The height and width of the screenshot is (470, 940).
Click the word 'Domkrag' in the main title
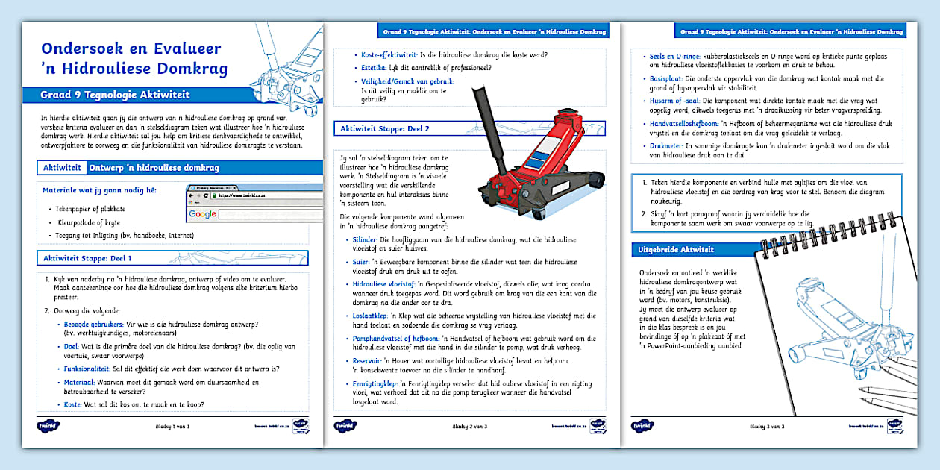pyautogui.click(x=187, y=69)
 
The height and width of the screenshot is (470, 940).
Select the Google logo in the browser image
pyautogui.click(x=202, y=214)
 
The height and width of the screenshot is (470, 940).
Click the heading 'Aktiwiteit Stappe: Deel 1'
pyautogui.click(x=89, y=258)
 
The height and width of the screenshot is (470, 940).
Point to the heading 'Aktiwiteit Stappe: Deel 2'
pyautogui.click(x=385, y=128)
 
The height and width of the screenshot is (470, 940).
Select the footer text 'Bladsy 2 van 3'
pyautogui.click(x=470, y=426)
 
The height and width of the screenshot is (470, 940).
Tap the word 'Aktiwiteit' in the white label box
pyautogui.click(x=63, y=168)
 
